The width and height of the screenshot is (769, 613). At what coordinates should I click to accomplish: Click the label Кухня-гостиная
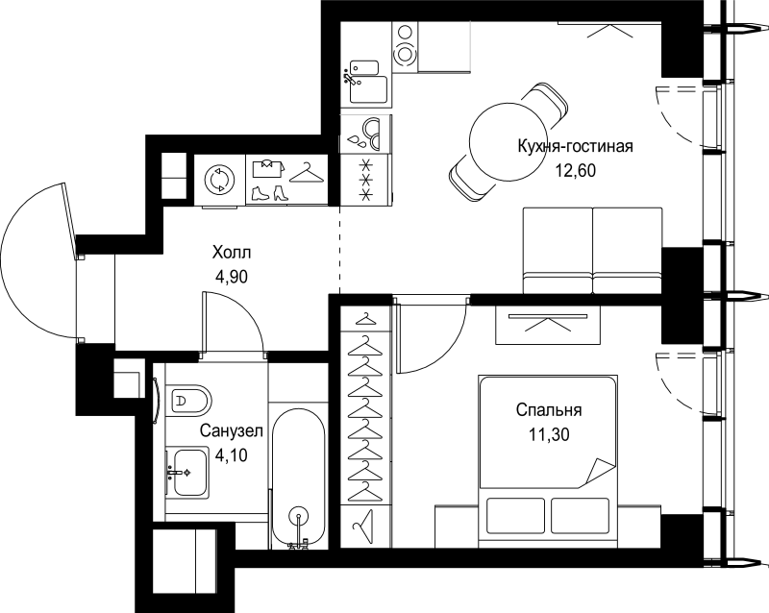coord(575,146)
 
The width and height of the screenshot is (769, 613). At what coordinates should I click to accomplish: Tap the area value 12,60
coord(575,171)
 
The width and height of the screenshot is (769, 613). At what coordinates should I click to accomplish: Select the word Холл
coord(232,253)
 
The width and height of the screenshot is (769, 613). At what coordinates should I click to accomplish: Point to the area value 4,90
coord(232,277)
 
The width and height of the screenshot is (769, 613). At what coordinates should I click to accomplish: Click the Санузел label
coord(232,431)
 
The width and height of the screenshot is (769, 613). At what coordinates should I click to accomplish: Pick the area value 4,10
coord(232,455)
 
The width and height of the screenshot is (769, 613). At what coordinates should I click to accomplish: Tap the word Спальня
coord(549,409)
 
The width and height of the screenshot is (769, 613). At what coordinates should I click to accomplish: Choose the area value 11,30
coord(549,434)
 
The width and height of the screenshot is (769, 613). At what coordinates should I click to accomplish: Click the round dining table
coord(504,143)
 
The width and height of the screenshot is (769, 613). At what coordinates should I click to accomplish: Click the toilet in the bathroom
coord(187,401)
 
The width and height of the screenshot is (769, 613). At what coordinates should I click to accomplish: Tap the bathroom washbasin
coord(186,473)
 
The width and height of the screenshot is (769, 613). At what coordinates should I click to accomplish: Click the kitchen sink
coord(368,83)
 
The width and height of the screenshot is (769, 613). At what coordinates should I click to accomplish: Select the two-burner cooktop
coord(405,44)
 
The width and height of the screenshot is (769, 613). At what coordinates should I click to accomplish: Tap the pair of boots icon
coord(268,193)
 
